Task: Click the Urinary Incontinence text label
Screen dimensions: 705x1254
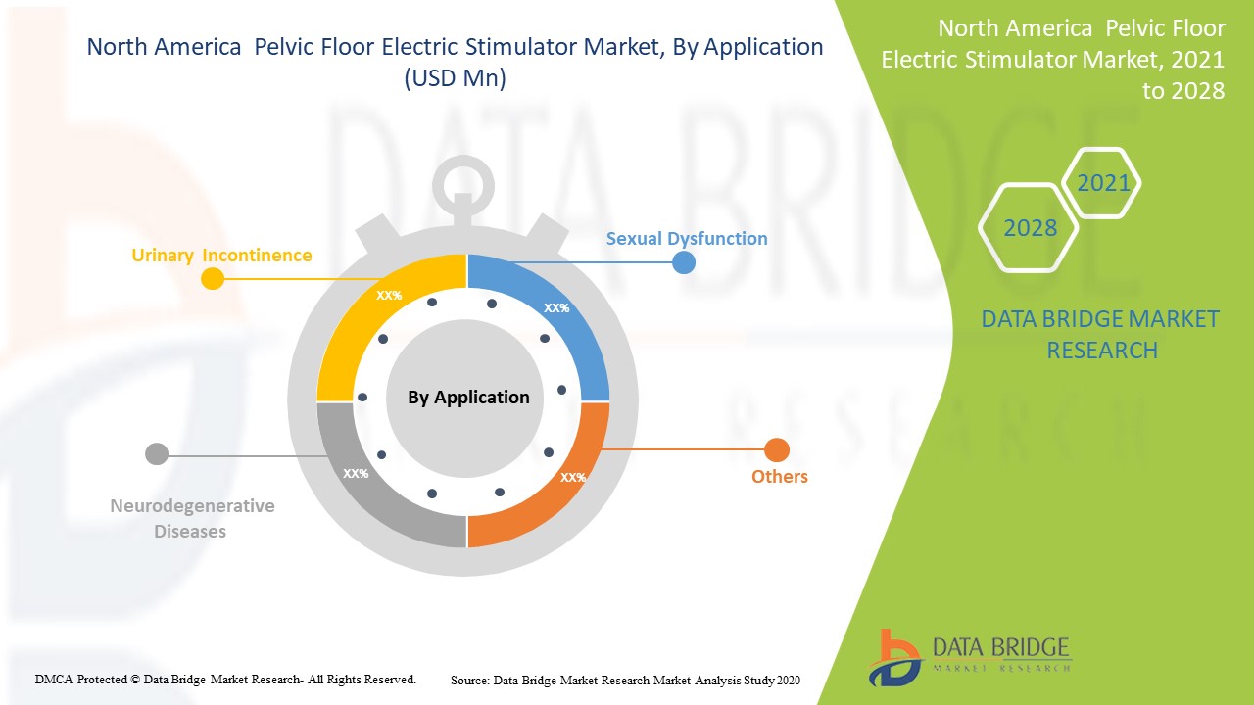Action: pyautogui.click(x=221, y=256)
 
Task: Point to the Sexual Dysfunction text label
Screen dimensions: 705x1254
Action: pyautogui.click(x=686, y=238)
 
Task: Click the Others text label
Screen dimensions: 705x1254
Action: pyautogui.click(x=779, y=477)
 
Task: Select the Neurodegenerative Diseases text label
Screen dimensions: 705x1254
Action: pyautogui.click(x=192, y=519)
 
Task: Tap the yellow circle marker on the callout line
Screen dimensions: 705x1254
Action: pyautogui.click(x=212, y=279)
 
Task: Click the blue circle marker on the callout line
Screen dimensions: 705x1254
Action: pyautogui.click(x=683, y=262)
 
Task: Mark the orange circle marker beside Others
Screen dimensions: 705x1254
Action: pyautogui.click(x=776, y=450)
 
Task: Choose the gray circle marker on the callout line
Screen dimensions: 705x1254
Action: pyautogui.click(x=157, y=454)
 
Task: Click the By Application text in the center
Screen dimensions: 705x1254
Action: pyautogui.click(x=468, y=397)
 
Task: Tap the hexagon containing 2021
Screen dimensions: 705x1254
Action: pyautogui.click(x=1102, y=183)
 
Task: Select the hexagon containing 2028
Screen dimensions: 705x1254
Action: pyautogui.click(x=1029, y=228)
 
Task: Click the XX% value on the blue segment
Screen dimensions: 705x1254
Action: pyautogui.click(x=556, y=307)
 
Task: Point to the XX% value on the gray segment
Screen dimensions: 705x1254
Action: pyautogui.click(x=356, y=473)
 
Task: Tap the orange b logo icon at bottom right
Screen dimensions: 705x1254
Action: pyautogui.click(x=893, y=656)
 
